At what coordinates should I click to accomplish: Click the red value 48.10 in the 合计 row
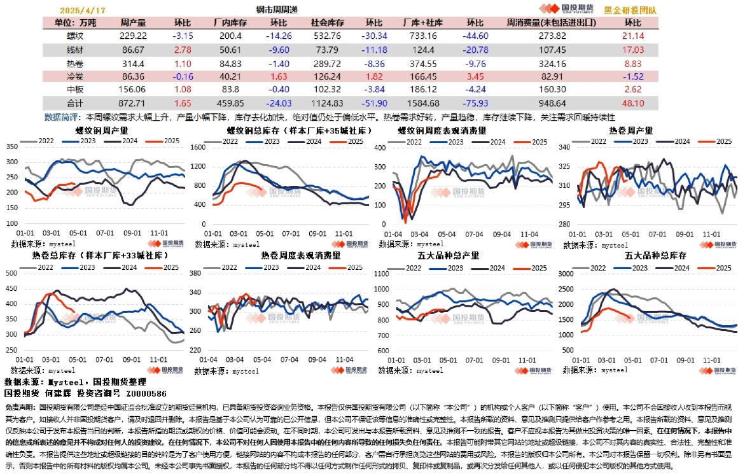click(x=633, y=102)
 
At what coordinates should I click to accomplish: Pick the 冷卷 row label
click(x=75, y=76)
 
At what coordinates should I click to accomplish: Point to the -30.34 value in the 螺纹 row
click(x=374, y=36)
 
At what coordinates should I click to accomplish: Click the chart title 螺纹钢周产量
click(x=102, y=130)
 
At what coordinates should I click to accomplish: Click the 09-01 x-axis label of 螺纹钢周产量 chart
click(x=132, y=234)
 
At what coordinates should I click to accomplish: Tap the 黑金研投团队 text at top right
click(x=630, y=11)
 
